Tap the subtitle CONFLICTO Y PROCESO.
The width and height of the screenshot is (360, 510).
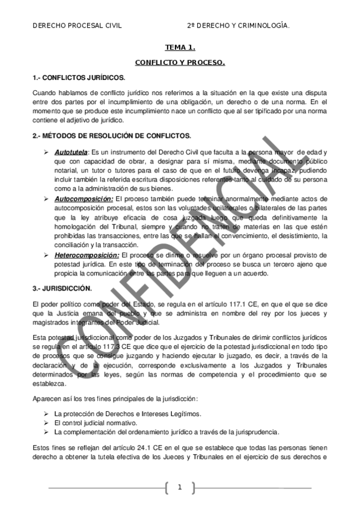(x=180, y=63)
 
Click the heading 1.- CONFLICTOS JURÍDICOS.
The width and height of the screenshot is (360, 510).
(x=79, y=78)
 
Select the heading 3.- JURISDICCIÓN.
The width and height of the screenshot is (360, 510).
(x=62, y=288)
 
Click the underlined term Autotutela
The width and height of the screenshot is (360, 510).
(x=71, y=153)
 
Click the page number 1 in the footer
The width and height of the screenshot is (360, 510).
(x=179, y=487)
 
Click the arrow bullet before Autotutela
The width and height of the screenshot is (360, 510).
(x=46, y=153)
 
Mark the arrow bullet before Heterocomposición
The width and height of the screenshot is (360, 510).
(x=46, y=255)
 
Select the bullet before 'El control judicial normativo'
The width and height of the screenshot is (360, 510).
(x=46, y=423)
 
